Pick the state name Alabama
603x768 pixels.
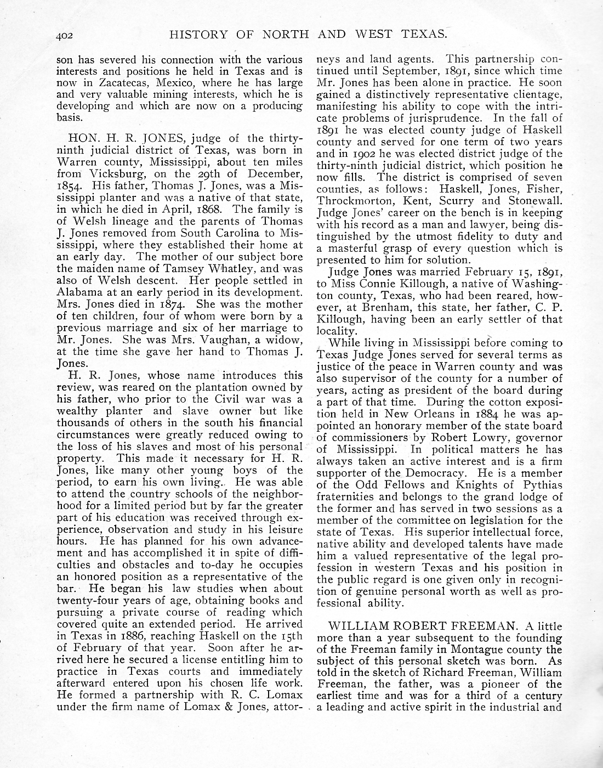tap(78, 292)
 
